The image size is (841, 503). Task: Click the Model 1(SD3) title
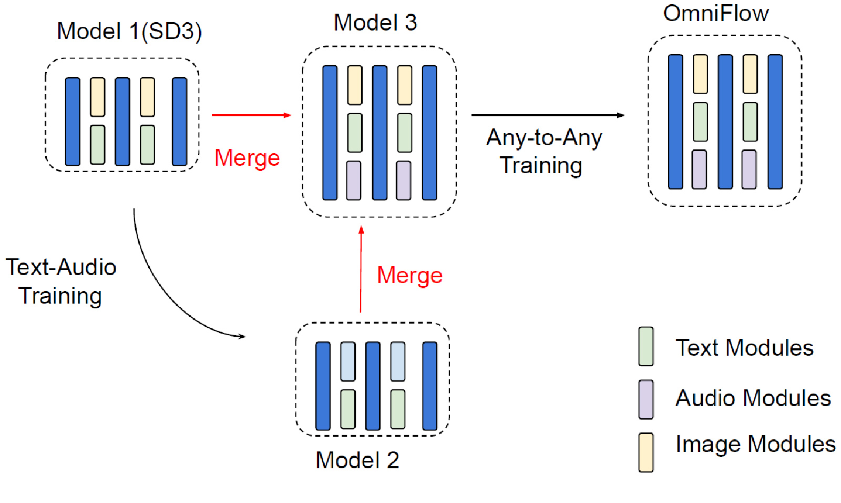coord(129,32)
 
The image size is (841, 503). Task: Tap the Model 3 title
coord(375,23)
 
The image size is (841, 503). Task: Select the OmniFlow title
coord(716,13)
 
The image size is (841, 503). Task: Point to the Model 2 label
coord(357,460)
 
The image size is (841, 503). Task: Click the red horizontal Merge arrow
coord(251,115)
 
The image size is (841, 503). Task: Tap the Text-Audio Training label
coord(61,281)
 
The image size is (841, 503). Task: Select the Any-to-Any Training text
coord(543,152)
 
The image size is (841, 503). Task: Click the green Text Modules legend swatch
coord(646,346)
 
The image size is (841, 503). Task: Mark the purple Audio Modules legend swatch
coord(646,399)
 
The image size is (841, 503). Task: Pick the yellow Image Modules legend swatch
coord(646,452)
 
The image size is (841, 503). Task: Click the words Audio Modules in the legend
coord(753,398)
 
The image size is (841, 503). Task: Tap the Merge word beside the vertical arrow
coord(410,276)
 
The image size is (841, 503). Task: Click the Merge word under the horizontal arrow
coord(247,158)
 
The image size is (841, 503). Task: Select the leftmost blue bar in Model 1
coord(73,122)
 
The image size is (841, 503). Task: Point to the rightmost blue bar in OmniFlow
coord(775,122)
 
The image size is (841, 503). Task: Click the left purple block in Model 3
coord(354,180)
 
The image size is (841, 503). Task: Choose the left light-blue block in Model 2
coord(348,361)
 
